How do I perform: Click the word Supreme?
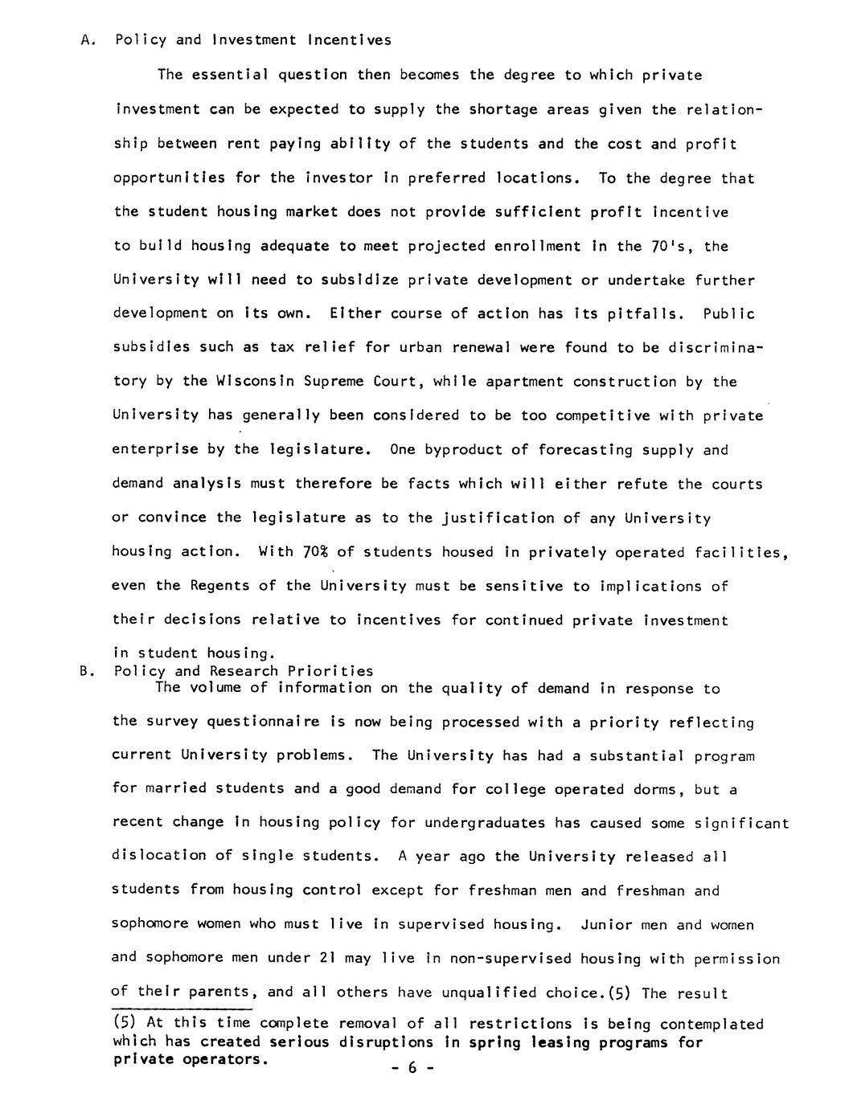335,383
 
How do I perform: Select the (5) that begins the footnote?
125,1025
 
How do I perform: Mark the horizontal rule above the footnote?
182,1009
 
